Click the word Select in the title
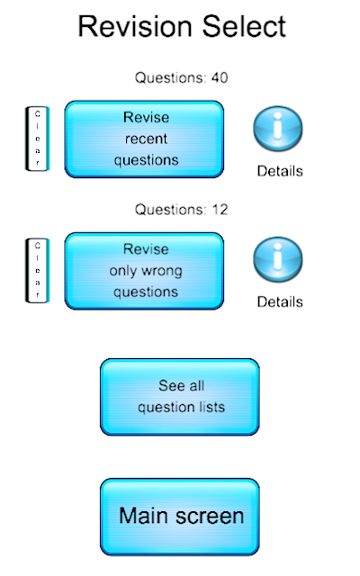(x=244, y=26)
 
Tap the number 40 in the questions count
(x=220, y=78)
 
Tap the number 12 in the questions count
(x=220, y=210)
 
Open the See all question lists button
(x=180, y=397)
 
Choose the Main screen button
(x=180, y=517)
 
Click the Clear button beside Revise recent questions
(x=38, y=139)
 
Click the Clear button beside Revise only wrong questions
(x=38, y=271)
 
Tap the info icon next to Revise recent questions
(x=278, y=129)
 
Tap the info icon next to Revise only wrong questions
(x=278, y=259)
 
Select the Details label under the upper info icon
(x=280, y=171)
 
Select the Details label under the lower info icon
(x=280, y=302)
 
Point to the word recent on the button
(x=146, y=139)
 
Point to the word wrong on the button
(x=162, y=271)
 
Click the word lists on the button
(x=210, y=407)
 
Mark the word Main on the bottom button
(x=145, y=516)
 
